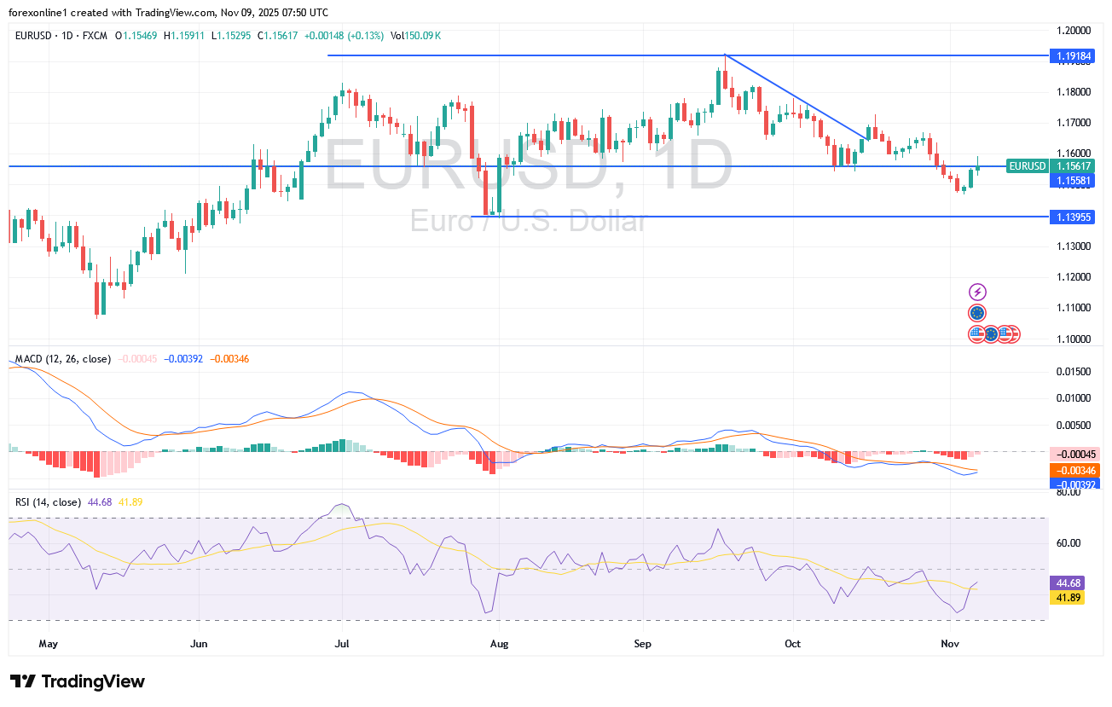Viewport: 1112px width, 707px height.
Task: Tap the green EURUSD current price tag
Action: [1026, 166]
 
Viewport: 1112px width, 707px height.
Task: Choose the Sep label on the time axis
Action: [644, 643]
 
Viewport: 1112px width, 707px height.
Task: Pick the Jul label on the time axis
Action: [341, 643]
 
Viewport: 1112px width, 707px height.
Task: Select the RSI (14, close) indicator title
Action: [48, 502]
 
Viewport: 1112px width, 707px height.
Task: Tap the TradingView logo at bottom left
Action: [78, 681]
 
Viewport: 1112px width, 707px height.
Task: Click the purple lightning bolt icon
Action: [977, 293]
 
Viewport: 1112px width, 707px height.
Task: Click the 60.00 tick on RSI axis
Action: [1068, 542]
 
